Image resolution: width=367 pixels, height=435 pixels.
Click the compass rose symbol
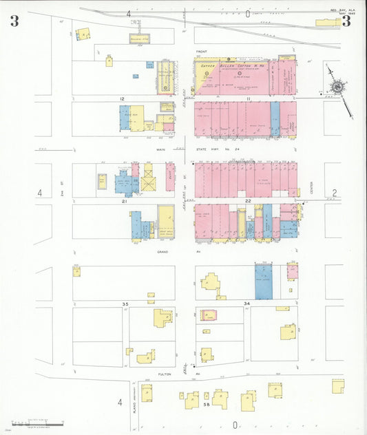[x=337, y=87]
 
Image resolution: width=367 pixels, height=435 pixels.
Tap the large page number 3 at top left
[x=14, y=21]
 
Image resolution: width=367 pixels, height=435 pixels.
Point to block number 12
[x=122, y=99]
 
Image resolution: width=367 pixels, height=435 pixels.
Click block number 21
[x=125, y=202]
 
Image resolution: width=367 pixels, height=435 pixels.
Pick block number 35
[x=125, y=304]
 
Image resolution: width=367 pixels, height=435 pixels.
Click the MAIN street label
[x=161, y=149]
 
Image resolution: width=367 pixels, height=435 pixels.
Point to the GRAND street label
[x=162, y=252]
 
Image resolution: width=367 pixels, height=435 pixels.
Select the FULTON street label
[x=165, y=374]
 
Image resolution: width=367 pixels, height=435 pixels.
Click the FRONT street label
[x=201, y=52]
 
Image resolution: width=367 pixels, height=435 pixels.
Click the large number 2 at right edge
[x=335, y=193]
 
